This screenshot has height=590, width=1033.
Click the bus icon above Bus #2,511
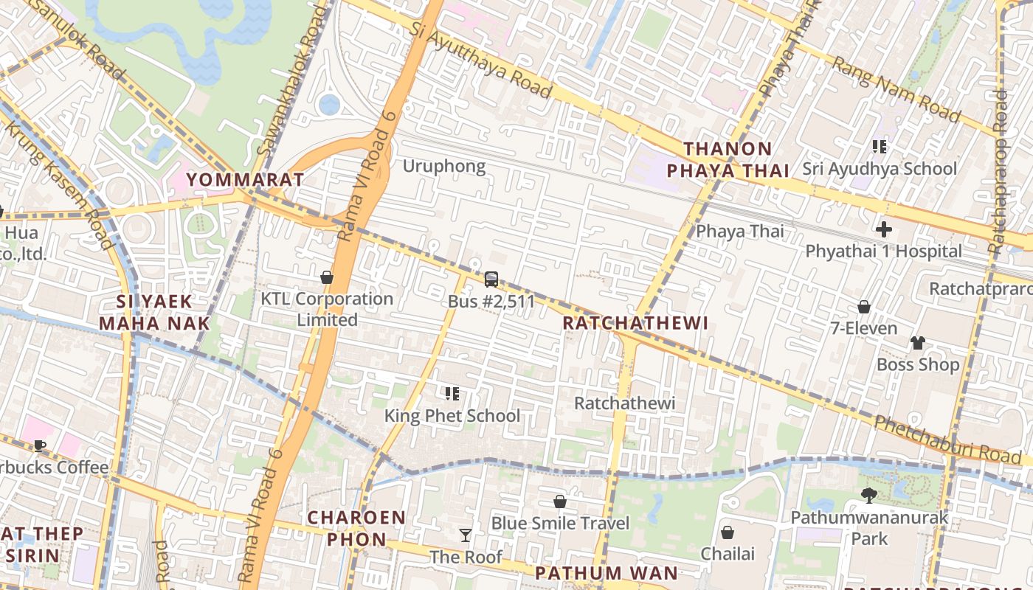tap(491, 280)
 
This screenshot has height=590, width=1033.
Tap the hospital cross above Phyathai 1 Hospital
tap(883, 229)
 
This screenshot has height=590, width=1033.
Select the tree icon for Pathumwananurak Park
tap(869, 496)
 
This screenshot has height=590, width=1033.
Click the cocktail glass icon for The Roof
tap(466, 535)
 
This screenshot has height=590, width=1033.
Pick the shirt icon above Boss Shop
tap(917, 343)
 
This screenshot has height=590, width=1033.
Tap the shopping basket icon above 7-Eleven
tap(864, 307)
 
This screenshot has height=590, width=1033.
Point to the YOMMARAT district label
tap(245, 179)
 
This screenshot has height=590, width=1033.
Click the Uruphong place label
tap(444, 166)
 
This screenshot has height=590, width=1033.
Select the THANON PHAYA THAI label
tap(728, 160)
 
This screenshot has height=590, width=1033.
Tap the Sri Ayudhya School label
tap(880, 169)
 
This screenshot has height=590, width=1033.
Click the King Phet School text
tap(452, 416)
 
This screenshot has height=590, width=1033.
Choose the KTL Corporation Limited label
tap(327, 309)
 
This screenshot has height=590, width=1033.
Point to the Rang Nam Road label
tap(896, 89)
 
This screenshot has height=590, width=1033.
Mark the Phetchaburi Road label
tap(947, 440)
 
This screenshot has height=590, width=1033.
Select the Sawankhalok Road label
tap(291, 81)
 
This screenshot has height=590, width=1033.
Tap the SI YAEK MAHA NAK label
tap(154, 312)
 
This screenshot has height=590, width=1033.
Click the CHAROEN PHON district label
tap(356, 528)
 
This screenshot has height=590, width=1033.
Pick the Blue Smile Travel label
tap(560, 524)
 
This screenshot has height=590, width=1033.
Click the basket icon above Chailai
tap(728, 532)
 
